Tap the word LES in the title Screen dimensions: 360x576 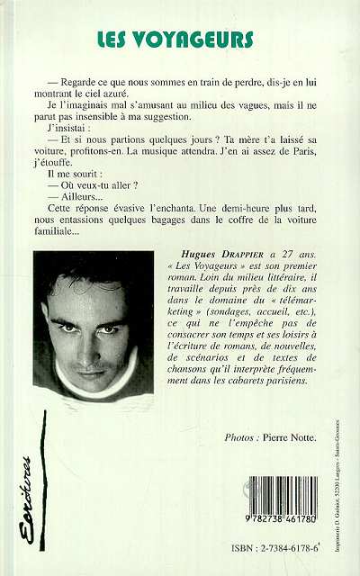click(x=118, y=40)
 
